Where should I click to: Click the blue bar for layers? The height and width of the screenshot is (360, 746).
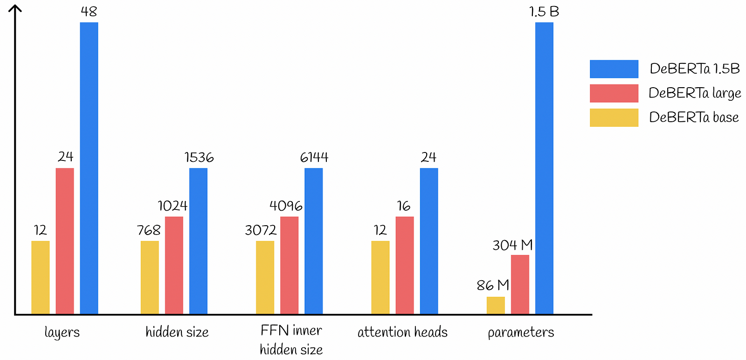[89, 168]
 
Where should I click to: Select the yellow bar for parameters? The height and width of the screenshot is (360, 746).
[496, 305]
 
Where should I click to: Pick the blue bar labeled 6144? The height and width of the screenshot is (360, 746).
[313, 241]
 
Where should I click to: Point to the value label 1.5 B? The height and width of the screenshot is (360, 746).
[544, 12]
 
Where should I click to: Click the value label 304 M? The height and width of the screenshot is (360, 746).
[512, 245]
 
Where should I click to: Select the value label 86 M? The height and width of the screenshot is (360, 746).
[493, 285]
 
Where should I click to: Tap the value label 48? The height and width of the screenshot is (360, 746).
[89, 12]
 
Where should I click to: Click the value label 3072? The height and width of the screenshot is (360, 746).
[261, 230]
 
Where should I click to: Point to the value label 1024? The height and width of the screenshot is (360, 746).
[173, 206]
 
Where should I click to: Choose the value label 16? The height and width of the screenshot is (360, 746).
[404, 206]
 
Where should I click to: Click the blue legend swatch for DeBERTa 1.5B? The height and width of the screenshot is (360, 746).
[614, 69]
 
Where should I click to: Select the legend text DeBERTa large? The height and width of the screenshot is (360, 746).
[695, 93]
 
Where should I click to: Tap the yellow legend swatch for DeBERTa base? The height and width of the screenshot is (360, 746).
[614, 118]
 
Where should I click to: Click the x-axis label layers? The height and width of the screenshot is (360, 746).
[62, 332]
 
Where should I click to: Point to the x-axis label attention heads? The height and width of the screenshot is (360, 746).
[402, 332]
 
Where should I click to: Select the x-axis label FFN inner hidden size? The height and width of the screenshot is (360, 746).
[291, 339]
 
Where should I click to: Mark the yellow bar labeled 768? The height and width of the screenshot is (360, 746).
[150, 277]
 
